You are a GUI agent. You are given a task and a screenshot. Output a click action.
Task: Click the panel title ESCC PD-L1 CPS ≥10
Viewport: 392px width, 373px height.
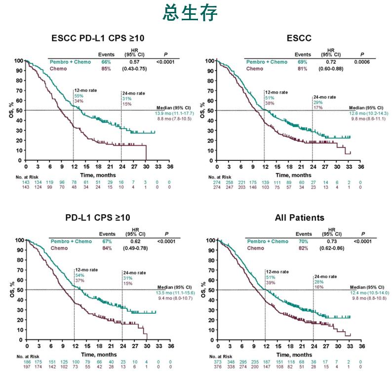98,37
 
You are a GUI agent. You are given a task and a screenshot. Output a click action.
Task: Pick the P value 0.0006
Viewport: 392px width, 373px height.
361,62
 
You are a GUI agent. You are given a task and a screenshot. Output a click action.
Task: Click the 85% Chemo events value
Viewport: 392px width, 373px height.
106,69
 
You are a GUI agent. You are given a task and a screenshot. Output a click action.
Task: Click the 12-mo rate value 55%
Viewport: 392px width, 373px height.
78,96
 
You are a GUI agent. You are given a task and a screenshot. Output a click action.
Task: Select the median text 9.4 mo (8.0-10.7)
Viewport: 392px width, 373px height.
176,298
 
